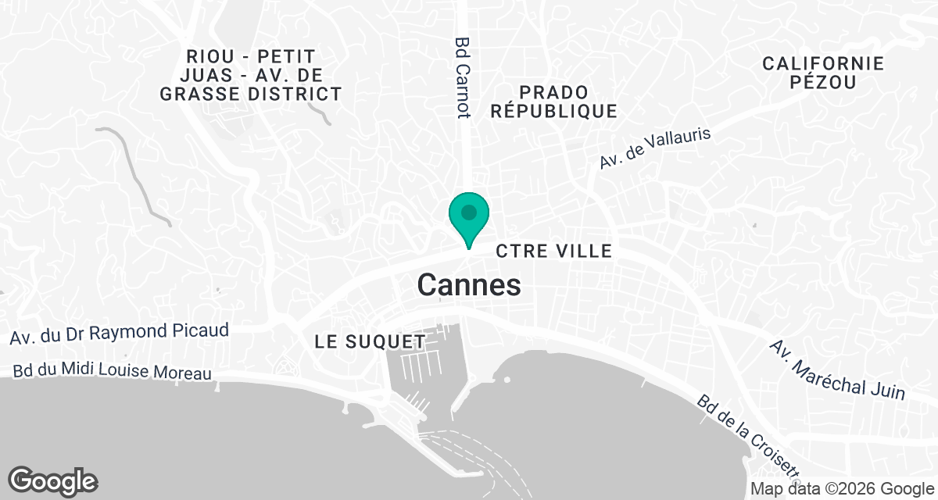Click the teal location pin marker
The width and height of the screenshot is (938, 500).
(x=468, y=218)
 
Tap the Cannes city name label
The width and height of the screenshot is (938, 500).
(x=469, y=285)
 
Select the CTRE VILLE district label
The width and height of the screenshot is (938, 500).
(x=553, y=251)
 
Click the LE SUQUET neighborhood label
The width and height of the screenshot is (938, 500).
(x=370, y=341)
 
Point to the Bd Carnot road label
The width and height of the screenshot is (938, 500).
(x=464, y=78)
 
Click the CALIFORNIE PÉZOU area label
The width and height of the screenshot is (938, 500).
(x=823, y=73)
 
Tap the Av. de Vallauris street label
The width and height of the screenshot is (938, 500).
(x=655, y=148)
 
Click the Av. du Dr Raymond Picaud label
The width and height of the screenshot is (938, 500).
(x=120, y=334)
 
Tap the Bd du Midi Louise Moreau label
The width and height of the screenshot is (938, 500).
(x=113, y=373)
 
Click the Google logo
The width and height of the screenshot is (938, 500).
(x=52, y=480)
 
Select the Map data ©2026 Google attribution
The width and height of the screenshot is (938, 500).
(x=842, y=488)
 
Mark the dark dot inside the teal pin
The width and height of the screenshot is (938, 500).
(x=468, y=212)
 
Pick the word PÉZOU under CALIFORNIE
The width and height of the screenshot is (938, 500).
(x=823, y=83)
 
